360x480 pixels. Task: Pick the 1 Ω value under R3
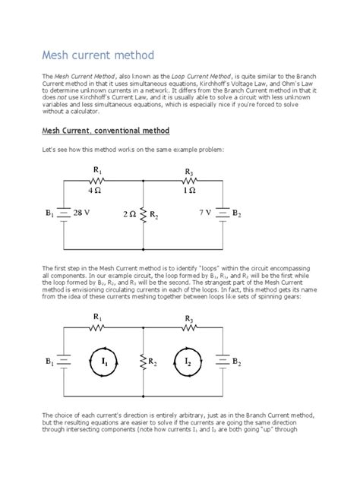190,192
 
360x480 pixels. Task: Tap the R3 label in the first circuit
190,172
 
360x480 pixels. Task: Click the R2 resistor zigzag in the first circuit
143,216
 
